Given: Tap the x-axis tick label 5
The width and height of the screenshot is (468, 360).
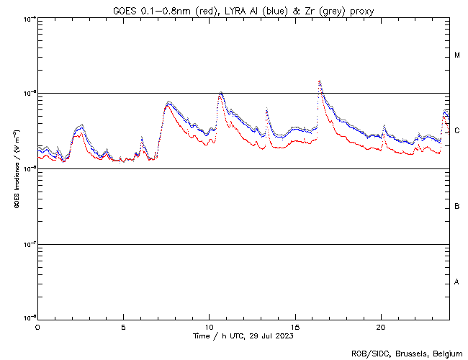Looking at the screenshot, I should click(123, 327).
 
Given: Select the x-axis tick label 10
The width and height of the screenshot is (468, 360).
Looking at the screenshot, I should click(209, 327).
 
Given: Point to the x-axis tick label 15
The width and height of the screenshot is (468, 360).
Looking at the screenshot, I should click(295, 327).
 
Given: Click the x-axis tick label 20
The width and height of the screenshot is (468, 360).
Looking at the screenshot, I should click(381, 327).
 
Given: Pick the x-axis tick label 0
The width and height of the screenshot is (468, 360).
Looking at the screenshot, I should click(37, 327).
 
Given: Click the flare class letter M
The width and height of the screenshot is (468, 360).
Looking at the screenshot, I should click(457, 55).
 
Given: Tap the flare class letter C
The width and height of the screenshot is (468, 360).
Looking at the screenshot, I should click(457, 131).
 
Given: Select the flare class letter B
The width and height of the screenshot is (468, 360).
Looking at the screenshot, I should click(457, 207).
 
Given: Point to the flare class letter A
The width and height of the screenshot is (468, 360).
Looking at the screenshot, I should click(457, 282).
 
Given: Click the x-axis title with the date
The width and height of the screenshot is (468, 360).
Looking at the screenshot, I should click(243, 336).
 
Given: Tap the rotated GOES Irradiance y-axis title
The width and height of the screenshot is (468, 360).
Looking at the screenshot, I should click(16, 168).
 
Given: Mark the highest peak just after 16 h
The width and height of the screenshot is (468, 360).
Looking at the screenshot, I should click(319, 81).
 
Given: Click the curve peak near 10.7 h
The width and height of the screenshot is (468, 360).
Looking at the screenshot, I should click(221, 93).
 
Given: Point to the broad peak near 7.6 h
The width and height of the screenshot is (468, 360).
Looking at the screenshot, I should click(168, 103).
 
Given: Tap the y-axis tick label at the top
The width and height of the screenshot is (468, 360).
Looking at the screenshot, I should click(27, 19).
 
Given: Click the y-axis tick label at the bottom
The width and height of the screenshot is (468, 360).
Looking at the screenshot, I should click(27, 318).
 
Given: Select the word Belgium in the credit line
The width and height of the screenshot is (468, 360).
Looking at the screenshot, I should click(446, 353).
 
